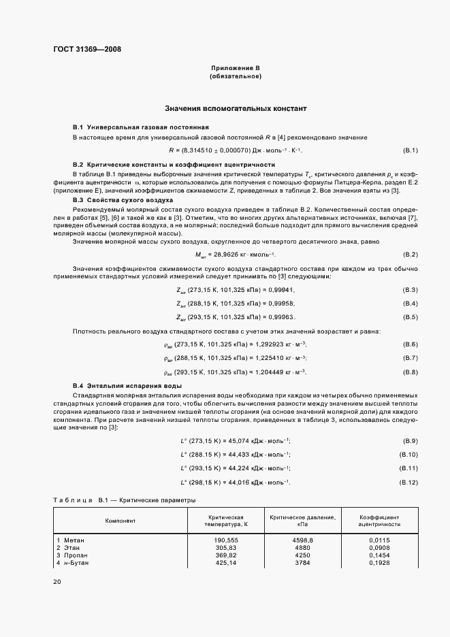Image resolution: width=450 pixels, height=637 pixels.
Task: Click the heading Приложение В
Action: coord(235,69)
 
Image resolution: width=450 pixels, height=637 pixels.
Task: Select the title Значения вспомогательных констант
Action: coord(236,109)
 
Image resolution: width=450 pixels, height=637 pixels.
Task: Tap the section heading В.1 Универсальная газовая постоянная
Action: coord(140,128)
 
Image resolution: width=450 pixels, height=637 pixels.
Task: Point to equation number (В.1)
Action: coord(410,150)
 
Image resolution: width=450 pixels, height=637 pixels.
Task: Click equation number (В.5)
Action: coord(410,298)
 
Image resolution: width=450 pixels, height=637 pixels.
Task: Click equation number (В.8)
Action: coord(410,372)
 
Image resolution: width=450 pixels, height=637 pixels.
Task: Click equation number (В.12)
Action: coord(408,483)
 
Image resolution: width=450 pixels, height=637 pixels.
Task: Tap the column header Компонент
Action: coord(120,521)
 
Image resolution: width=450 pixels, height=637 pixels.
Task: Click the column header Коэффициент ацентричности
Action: coord(379,521)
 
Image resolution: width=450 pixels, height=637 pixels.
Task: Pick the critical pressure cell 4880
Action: coord(302,548)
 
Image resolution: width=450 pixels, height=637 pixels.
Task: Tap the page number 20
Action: coord(57,582)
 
